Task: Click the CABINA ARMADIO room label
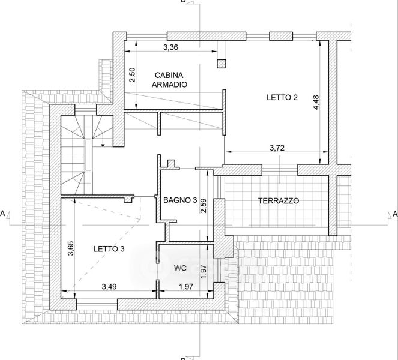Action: coord(169,80)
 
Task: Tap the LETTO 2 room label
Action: coord(282,97)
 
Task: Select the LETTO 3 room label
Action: coord(109,249)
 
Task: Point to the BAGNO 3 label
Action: coord(180,200)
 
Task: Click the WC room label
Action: coord(181,268)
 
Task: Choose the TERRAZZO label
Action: coord(279,201)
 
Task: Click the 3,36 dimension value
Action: coord(170,47)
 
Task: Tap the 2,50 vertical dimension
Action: coord(132,75)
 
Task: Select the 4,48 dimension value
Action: coord(316,102)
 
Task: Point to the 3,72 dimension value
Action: coord(277,148)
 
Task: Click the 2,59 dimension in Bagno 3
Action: coord(204,205)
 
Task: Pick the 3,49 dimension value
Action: coord(109,287)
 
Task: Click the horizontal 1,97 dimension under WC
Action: coord(186,287)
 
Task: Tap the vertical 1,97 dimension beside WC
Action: coord(204,271)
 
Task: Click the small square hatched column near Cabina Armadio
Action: coord(222,64)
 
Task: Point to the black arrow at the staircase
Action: coord(103,145)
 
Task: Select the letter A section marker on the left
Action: coord(2,214)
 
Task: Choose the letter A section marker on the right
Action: coord(395,214)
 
